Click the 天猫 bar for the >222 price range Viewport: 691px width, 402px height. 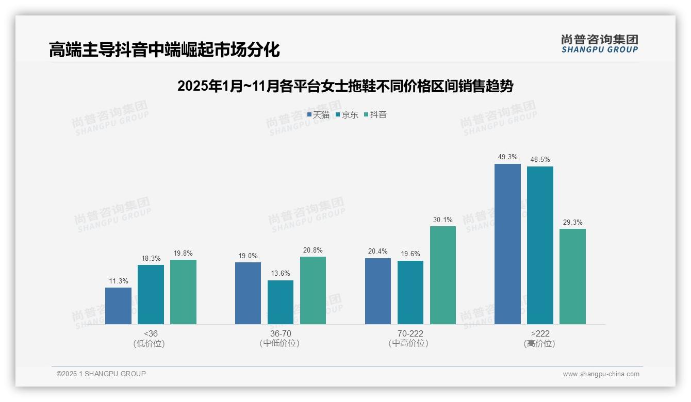coord(507,244)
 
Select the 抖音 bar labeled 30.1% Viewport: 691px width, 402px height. coord(442,275)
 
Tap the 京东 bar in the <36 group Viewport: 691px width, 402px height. coord(151,294)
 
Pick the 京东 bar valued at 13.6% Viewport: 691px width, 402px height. coord(280,302)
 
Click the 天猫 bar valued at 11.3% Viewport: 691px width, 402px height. coord(118,306)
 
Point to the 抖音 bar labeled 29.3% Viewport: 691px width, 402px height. coord(572,276)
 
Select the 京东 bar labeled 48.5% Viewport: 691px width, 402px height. coord(540,245)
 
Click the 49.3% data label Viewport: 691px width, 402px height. coord(507,157)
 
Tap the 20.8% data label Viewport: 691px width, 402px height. coord(313,250)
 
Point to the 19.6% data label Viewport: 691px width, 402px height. coord(410,254)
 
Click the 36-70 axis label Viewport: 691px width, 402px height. coord(280,333)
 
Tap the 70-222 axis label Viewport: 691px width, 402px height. coord(410,333)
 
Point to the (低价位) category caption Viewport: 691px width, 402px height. coord(150,344)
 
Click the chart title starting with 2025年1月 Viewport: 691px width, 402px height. coord(345,86)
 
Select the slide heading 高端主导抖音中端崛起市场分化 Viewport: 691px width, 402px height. coord(164,50)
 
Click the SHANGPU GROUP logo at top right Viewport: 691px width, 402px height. coord(599,44)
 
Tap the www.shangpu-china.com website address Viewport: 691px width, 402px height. coord(601,374)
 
